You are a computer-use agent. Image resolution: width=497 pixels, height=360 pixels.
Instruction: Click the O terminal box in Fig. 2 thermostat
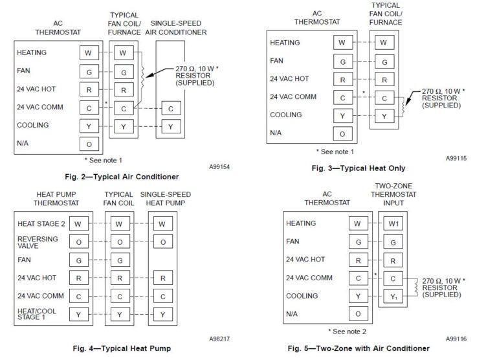89,144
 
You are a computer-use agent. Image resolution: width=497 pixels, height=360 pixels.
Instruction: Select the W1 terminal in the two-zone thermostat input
393,224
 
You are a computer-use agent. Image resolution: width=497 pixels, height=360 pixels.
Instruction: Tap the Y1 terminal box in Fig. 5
393,297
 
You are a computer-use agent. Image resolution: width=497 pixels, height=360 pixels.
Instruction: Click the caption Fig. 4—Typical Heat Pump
122,348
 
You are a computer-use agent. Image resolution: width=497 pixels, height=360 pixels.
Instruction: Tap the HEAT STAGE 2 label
41,224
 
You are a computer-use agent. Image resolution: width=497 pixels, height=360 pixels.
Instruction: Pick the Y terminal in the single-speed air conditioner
170,126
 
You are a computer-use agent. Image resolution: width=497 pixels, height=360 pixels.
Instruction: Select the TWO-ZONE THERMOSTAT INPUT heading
393,194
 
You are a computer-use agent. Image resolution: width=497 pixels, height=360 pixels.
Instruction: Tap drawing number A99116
459,338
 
